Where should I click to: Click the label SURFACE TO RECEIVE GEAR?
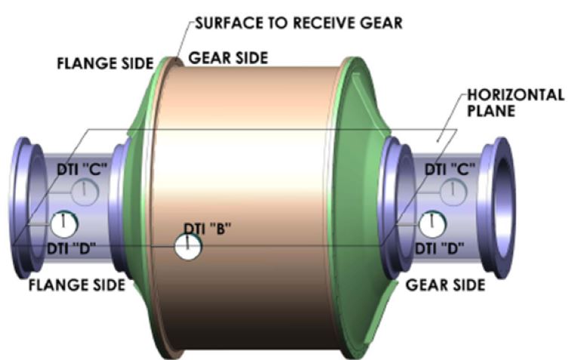tap(299, 23)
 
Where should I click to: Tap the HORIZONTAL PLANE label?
tap(515, 103)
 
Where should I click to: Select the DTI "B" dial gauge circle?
tap(188, 247)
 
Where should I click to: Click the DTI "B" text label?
tap(208, 229)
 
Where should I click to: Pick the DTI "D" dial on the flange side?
tap(64, 224)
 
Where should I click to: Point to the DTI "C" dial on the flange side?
tap(85, 192)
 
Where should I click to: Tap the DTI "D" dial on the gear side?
tap(432, 224)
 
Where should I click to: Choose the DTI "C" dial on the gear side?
tap(454, 192)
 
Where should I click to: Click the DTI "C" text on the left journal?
tap(82, 170)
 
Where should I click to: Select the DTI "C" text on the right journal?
tap(450, 169)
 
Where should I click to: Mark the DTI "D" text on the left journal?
tap(72, 248)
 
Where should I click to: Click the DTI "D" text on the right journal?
tap(439, 248)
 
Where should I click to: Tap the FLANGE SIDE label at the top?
tap(105, 63)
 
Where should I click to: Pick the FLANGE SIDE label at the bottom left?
tap(77, 285)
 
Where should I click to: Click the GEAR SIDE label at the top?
tap(228, 57)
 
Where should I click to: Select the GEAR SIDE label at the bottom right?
tap(445, 285)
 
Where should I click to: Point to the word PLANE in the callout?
tap(491, 111)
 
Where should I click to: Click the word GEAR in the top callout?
tap(381, 23)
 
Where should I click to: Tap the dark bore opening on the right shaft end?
tap(505, 208)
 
